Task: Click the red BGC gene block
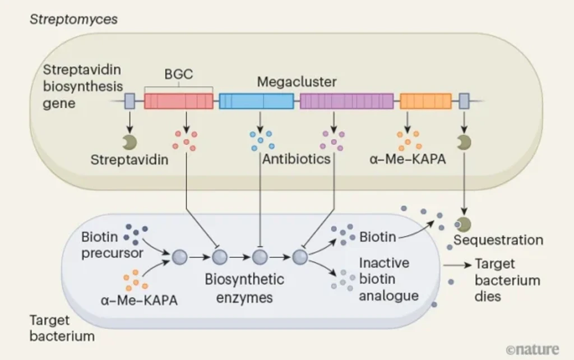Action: point(179,101)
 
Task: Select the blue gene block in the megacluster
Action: point(256,101)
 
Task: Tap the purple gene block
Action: point(346,101)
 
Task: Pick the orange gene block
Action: point(426,101)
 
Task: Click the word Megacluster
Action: point(297,82)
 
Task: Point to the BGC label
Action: point(179,75)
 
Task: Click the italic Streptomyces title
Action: point(73,20)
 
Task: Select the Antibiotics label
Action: point(296,159)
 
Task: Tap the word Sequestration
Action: point(498,240)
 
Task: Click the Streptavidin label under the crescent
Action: point(129,160)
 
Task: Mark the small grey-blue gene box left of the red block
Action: point(129,101)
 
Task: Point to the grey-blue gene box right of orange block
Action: point(464,101)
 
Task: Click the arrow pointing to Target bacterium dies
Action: point(457,265)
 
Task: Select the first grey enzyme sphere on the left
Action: point(180,257)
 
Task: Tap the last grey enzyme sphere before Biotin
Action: point(300,257)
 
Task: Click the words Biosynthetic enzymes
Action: point(244,288)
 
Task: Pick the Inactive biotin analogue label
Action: point(389,279)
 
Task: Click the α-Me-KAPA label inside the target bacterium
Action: point(139,301)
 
